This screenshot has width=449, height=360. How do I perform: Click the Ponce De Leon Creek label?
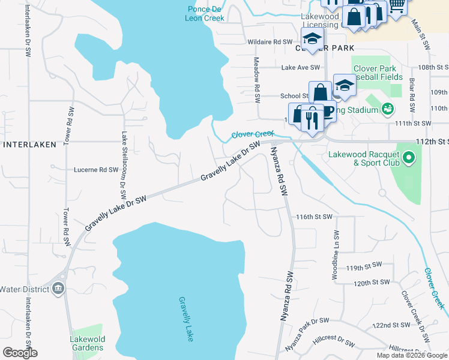(x=206, y=14)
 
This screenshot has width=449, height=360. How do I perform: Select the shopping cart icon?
(x=396, y=6)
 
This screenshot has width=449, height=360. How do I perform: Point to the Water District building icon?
(x=58, y=289)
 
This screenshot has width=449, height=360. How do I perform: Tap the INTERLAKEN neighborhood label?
(x=30, y=145)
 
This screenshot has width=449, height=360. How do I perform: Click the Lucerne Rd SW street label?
(x=96, y=170)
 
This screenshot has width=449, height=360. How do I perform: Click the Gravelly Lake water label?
(x=186, y=319)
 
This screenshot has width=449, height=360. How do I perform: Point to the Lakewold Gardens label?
(x=88, y=343)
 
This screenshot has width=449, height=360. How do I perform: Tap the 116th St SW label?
(x=314, y=216)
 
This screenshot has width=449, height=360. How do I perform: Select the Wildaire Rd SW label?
(x=270, y=42)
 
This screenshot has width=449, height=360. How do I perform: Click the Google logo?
(x=20, y=353)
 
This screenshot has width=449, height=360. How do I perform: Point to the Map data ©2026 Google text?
(x=412, y=355)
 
